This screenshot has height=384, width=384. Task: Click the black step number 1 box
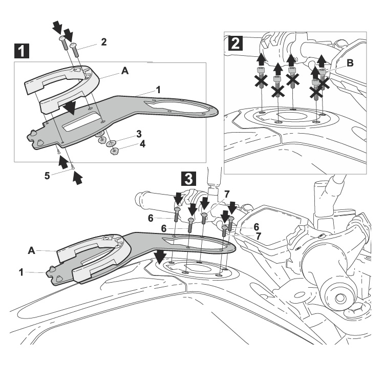(20, 51)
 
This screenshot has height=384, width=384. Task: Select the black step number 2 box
(234, 43)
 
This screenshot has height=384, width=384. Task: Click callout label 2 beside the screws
(103, 41)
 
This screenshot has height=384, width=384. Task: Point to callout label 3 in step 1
(139, 134)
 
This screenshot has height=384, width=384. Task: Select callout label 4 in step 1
(143, 144)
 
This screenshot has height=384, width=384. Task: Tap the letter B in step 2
(350, 63)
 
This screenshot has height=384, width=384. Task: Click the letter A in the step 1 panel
(124, 73)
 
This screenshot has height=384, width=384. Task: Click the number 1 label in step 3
(22, 272)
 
